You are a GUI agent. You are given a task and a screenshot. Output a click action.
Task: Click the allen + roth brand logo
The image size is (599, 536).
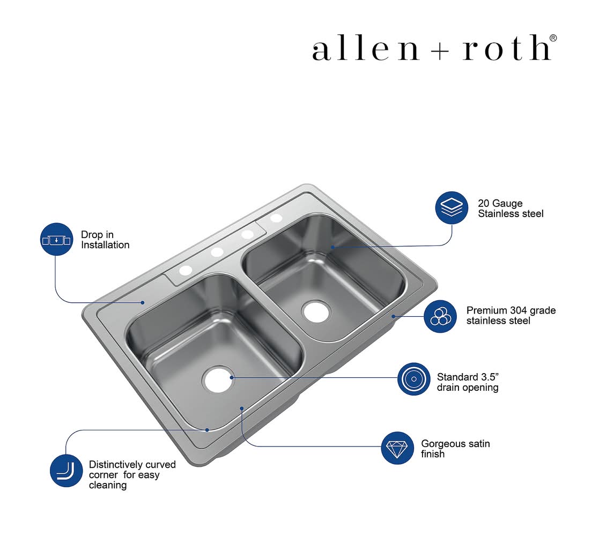[x=434, y=48]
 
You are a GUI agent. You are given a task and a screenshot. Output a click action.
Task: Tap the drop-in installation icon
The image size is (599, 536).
[x=56, y=239]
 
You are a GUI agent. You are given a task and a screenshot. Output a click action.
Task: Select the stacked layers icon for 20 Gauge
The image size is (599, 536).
[x=452, y=207]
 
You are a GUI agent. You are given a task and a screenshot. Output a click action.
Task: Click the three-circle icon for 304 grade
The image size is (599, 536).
[x=440, y=316]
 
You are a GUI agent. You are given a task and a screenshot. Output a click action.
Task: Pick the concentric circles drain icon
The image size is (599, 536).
[x=413, y=379]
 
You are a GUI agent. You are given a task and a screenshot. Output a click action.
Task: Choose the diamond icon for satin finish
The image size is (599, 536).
[x=397, y=448]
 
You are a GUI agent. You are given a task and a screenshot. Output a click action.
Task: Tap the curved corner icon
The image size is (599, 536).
[x=66, y=470]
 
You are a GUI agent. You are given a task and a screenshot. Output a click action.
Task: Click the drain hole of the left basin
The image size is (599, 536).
[x=218, y=379]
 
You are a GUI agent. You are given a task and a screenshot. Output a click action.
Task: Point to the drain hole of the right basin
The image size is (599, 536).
[x=316, y=311]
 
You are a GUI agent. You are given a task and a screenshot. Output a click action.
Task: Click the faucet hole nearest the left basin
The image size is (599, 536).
[x=186, y=270]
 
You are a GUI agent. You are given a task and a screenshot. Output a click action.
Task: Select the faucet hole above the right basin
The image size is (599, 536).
[x=276, y=218]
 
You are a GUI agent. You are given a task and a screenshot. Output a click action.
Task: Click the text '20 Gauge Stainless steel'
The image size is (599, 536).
[x=511, y=209]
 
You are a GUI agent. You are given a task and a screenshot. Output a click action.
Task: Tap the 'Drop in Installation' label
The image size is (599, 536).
[x=105, y=240]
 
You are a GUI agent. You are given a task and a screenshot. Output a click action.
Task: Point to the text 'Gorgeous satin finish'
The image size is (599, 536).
[x=455, y=449]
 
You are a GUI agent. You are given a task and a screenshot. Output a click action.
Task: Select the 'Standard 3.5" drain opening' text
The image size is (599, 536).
[x=468, y=382]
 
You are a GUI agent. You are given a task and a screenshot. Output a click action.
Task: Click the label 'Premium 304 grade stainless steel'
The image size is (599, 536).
[x=511, y=315]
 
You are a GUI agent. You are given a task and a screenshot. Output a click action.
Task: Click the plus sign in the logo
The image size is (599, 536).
[x=440, y=51]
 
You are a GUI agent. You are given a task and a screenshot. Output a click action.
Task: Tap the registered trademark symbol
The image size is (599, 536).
[x=553, y=38]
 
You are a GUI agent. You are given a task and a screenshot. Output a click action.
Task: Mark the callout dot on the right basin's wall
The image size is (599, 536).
[x=332, y=247]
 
